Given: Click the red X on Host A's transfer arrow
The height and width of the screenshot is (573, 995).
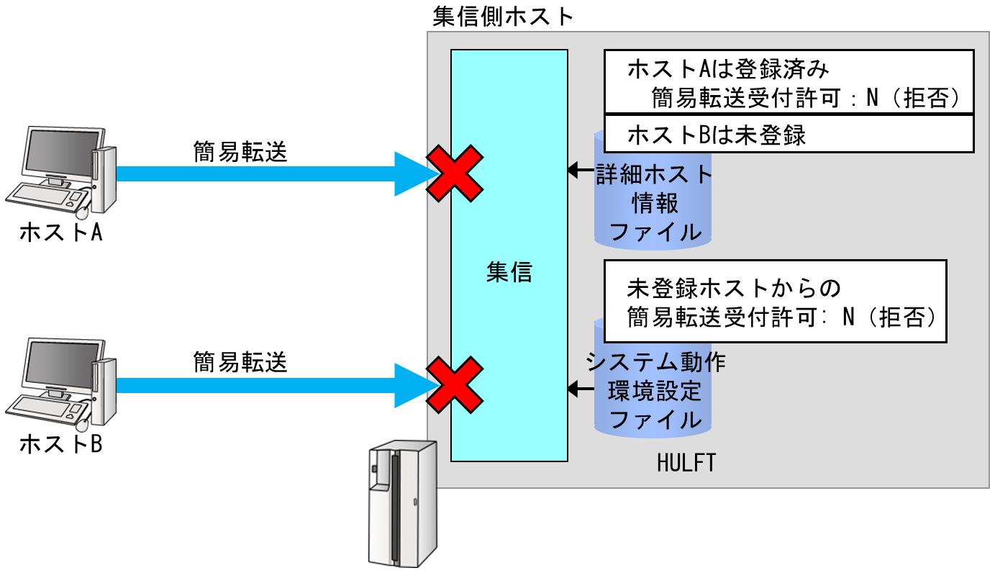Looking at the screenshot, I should [x=454, y=173].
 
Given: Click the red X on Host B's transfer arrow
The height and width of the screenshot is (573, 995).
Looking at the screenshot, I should [x=454, y=382].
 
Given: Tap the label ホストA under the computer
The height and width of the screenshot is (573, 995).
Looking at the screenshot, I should [x=60, y=233].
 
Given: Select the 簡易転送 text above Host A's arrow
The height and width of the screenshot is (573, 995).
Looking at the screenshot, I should [x=240, y=152].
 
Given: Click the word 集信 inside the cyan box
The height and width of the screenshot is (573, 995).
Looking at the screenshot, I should [x=509, y=272].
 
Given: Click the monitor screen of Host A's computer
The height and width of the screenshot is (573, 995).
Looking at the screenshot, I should [x=58, y=155].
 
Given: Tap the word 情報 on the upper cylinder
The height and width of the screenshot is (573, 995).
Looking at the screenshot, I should [x=653, y=203].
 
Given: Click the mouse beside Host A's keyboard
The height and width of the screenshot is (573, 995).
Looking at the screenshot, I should [x=83, y=210].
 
